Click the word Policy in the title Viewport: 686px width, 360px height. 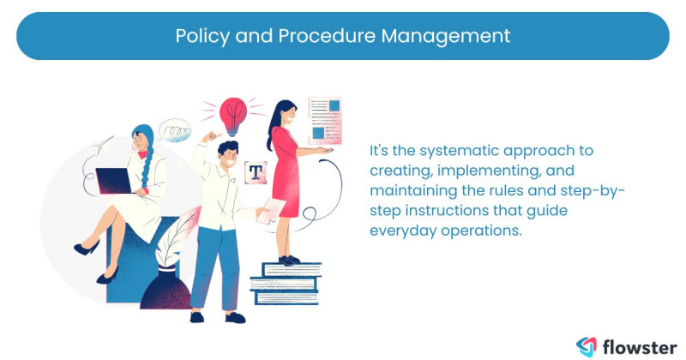pyautogui.click(x=198, y=36)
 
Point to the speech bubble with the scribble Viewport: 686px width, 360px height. pyautogui.click(x=173, y=130)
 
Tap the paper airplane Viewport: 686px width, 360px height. pyautogui.click(x=104, y=142)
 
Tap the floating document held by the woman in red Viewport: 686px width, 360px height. pyautogui.click(x=324, y=120)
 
